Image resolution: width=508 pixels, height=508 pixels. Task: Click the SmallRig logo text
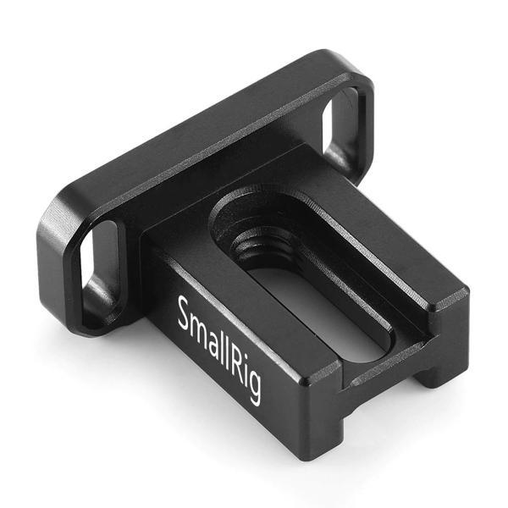pos(218,348)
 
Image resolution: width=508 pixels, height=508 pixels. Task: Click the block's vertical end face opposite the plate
pos(398,356)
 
